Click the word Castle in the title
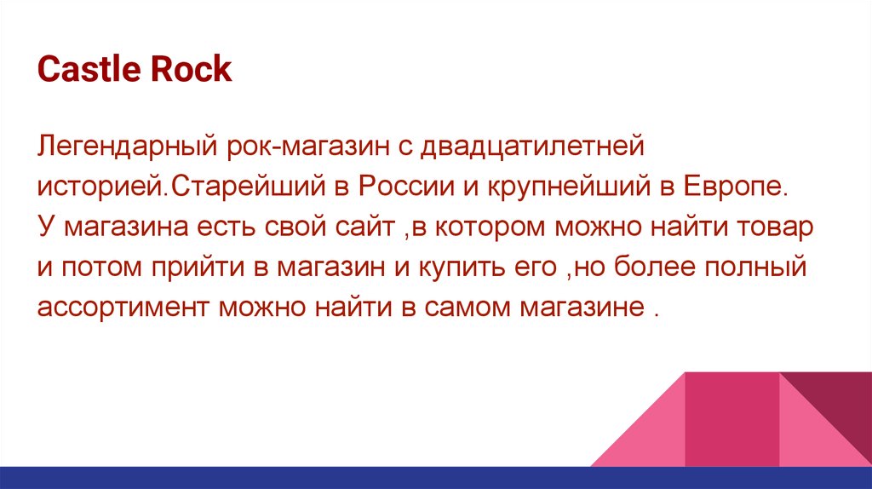(x=89, y=69)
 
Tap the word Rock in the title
(x=191, y=69)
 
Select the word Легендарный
(x=127, y=147)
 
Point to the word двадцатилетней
(x=532, y=147)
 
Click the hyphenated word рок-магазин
(x=308, y=147)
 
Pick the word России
(x=406, y=187)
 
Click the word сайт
(x=364, y=227)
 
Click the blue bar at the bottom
(x=436, y=478)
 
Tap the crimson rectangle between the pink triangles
(x=731, y=419)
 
